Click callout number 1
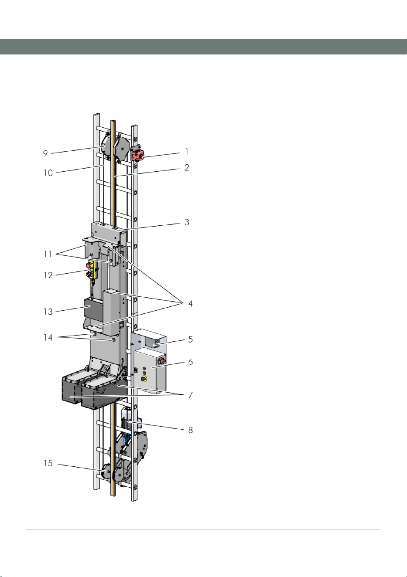(187, 152)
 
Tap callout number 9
(45, 153)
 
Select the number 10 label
(48, 173)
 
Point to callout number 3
(187, 222)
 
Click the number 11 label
(48, 254)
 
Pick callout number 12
(48, 275)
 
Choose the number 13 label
(48, 312)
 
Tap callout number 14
(48, 338)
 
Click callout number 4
(190, 304)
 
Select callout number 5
(190, 339)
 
